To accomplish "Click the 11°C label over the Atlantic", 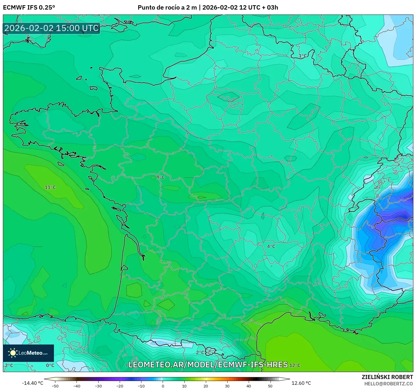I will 50,187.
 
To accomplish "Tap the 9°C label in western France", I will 161,177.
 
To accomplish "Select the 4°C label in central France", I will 271,246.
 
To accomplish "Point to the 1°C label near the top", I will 303,56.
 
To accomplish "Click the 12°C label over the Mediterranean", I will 295,365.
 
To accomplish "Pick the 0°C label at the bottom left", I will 50,365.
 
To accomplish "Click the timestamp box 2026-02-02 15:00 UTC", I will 52,28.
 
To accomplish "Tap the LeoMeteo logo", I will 28,353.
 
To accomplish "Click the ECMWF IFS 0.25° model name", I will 29,8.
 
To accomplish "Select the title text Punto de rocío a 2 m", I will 167,8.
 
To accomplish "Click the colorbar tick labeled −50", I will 55,386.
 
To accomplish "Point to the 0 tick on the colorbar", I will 163,386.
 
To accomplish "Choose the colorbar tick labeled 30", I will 227,386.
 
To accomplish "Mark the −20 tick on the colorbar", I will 119,386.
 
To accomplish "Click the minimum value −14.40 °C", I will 32,383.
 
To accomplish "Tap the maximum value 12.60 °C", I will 301,383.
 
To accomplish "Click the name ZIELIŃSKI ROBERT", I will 387,377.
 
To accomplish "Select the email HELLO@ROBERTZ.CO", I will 388,384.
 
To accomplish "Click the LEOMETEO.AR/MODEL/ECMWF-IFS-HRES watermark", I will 208,365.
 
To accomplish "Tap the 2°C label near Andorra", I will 200,353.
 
